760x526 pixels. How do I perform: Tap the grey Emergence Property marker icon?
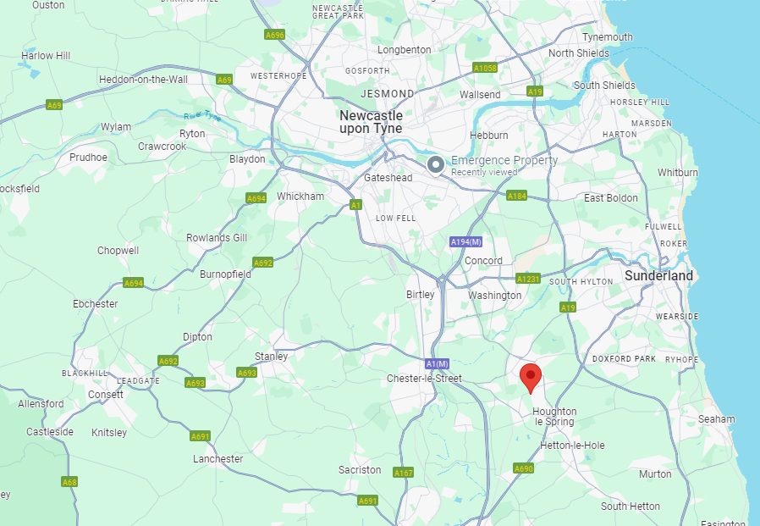pos(436,164)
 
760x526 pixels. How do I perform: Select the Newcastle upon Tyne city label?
pos(371,121)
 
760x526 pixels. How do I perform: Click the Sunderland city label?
pos(658,275)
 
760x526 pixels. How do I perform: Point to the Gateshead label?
pos(388,178)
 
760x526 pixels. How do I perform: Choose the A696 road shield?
pos(274,35)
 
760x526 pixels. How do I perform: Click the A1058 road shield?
pos(485,68)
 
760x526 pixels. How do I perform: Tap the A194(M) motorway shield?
pos(465,242)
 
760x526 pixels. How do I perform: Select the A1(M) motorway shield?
pos(437,363)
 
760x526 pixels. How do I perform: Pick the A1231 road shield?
pos(528,279)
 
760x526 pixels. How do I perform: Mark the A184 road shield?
pos(516,196)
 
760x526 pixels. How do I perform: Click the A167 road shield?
pos(404,473)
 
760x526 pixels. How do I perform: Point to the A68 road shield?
pos(69,482)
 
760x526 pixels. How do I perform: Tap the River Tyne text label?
pos(201,115)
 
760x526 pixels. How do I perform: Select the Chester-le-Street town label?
pos(424,378)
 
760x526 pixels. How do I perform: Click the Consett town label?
pos(107,395)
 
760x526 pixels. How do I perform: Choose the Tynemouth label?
pos(607,37)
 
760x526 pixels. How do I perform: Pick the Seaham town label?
pos(717,419)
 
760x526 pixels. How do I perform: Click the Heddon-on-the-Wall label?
pos(143,80)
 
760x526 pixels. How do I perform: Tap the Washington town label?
pos(494,296)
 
